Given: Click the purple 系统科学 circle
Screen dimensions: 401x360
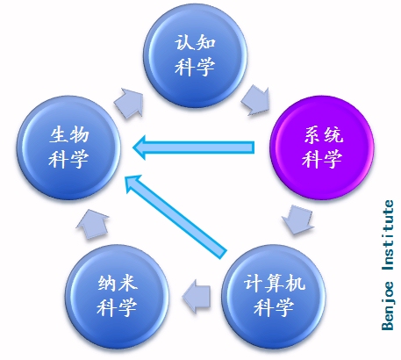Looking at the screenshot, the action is (x=322, y=148).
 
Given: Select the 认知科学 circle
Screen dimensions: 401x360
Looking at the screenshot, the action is (x=195, y=55).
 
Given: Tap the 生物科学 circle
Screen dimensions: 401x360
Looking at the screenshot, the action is (x=68, y=148).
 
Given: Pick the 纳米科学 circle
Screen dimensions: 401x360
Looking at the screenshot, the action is (x=117, y=297).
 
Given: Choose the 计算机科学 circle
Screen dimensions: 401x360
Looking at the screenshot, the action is (x=274, y=297).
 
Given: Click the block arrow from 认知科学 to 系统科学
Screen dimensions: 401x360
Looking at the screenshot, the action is (x=255, y=100).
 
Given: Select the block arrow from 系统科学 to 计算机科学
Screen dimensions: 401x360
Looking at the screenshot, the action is (x=297, y=220).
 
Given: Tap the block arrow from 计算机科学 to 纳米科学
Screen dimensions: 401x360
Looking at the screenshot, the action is (x=197, y=296).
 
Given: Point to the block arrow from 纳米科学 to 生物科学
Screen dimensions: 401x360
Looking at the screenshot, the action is (x=92, y=224).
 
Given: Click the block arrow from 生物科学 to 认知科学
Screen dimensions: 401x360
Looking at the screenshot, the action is (x=129, y=103).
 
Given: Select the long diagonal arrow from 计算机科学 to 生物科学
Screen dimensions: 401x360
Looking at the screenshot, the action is (x=175, y=217).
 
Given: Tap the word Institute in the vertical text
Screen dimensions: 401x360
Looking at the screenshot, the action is (x=388, y=235).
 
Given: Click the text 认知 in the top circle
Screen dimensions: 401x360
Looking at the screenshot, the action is (x=195, y=43).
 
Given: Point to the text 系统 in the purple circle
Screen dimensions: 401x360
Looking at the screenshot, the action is (x=323, y=135).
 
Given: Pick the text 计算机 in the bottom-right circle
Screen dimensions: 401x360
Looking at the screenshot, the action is (x=274, y=283).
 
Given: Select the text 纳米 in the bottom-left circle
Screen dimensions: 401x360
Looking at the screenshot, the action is (x=118, y=283).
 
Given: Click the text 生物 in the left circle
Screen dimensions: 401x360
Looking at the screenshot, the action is (x=69, y=135).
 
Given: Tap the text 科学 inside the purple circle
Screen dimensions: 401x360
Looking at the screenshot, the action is (x=322, y=159).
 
